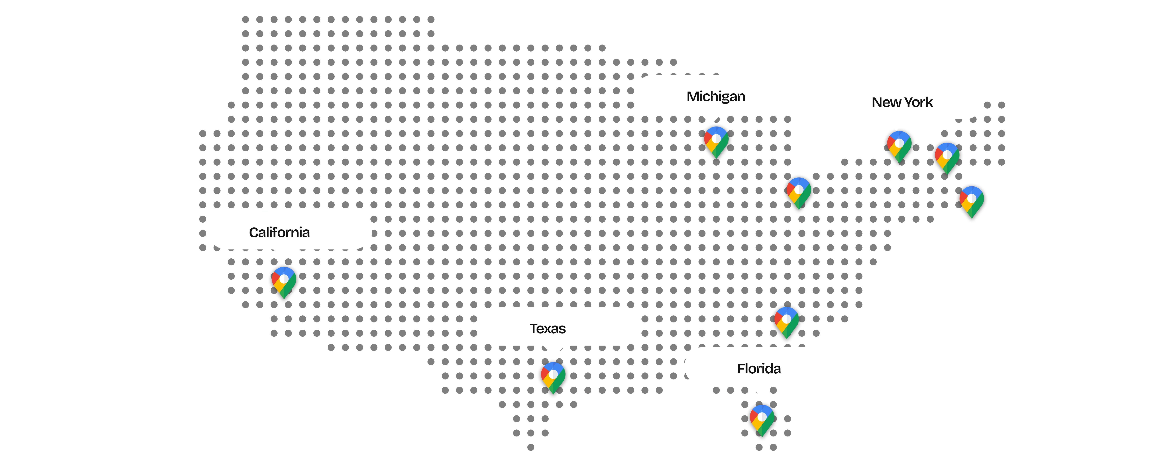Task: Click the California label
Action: (279, 233)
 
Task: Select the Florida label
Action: (759, 369)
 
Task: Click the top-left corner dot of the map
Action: (245, 19)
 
